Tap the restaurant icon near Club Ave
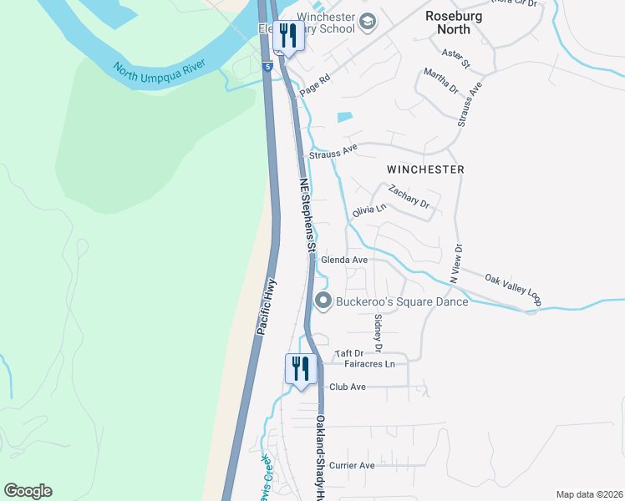[300, 368]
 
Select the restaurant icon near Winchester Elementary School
[288, 36]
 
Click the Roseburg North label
[459, 22]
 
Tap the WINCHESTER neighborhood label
[425, 169]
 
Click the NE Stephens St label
[307, 214]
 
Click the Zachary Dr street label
[409, 198]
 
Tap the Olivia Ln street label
[369, 210]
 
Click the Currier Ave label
[352, 465]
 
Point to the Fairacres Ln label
[368, 364]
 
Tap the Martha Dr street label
[441, 82]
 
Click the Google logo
[28, 491]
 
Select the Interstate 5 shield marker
[267, 65]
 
